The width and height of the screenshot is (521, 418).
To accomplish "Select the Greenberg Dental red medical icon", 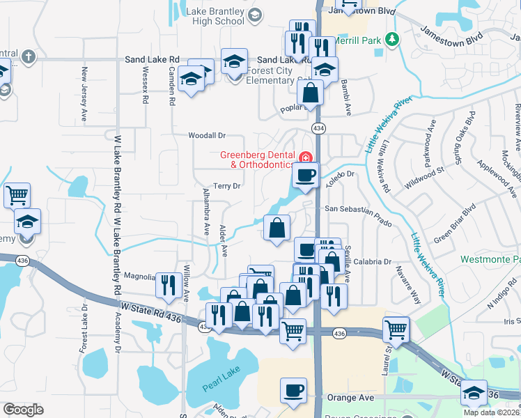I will (305, 155).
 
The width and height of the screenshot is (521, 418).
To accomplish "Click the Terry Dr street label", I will (227, 186).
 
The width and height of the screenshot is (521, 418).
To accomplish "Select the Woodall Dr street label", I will (208, 135).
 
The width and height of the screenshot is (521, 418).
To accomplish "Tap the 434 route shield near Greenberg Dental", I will (318, 128).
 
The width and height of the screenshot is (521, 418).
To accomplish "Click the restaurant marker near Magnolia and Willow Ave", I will (169, 284).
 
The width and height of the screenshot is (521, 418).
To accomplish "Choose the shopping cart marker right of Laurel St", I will (396, 329).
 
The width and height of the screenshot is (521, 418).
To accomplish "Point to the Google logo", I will (23, 410).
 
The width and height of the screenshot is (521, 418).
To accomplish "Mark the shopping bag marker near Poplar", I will (313, 92).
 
